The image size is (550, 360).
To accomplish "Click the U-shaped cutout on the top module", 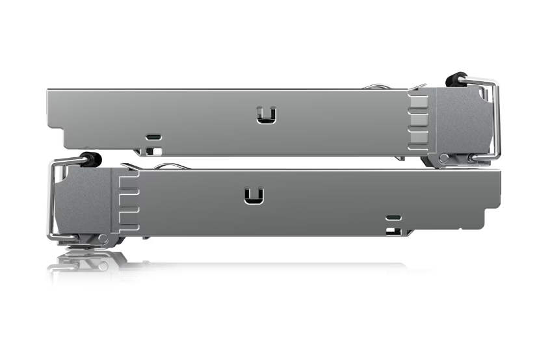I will (266, 114).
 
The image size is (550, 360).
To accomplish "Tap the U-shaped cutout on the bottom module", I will (254, 196).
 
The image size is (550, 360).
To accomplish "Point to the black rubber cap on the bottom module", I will (93, 159).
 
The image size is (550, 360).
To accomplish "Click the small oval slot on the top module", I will (153, 137).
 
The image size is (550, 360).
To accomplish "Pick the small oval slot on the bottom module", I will (393, 218).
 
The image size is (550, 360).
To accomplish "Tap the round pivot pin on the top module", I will (443, 159).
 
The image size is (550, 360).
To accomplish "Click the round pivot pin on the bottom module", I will (102, 238).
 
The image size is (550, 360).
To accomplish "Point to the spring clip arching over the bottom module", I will (170, 166).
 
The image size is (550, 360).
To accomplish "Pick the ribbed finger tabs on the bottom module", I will (129, 201).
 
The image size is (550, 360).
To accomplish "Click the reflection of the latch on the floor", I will (85, 263).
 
